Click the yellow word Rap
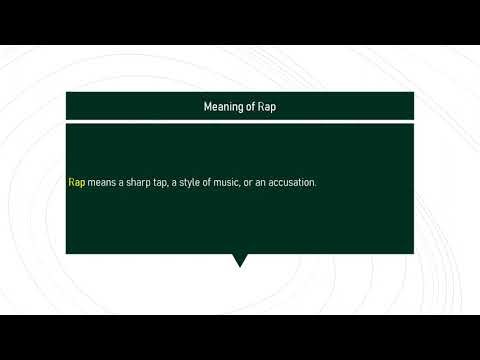(76, 183)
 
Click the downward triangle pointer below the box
(239, 260)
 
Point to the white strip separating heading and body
(239, 120)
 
